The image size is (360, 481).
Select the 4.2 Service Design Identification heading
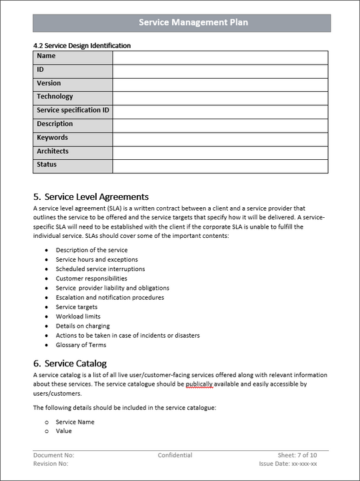[x=81, y=46]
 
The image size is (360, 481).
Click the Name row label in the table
[x=47, y=57]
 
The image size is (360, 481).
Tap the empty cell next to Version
[x=220, y=84]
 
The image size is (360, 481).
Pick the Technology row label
[x=55, y=97]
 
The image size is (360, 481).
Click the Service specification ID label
[x=73, y=111]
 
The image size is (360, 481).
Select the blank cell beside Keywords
[x=220, y=139]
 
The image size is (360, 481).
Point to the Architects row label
[x=53, y=152]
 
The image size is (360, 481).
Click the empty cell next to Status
[x=220, y=166]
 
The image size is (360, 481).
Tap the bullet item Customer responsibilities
[x=91, y=278]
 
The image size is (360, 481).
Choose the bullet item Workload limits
[x=78, y=316]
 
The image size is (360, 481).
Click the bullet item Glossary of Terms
[x=81, y=345]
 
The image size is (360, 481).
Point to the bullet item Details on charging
[x=83, y=326]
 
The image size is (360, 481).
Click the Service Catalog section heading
[x=75, y=364]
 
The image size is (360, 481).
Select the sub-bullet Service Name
[x=75, y=422]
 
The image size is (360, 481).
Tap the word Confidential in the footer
[x=175, y=456]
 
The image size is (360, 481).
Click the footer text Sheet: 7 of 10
[x=297, y=456]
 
